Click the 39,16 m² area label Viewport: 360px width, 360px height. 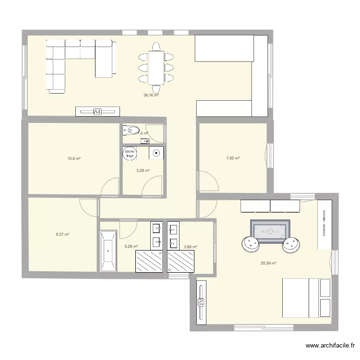coord(151,95)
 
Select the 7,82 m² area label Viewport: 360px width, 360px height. coord(233,158)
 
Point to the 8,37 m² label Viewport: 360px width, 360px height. coord(62,235)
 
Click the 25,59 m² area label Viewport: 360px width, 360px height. coord(268,263)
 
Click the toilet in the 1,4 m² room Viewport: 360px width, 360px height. coord(131,131)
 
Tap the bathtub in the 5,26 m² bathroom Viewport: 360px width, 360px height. coord(108,252)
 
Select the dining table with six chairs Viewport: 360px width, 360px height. coord(156,67)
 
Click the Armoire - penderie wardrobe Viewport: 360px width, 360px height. coord(324,225)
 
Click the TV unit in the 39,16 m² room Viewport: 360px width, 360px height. coord(97,111)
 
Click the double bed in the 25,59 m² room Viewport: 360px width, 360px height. coord(306,298)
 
